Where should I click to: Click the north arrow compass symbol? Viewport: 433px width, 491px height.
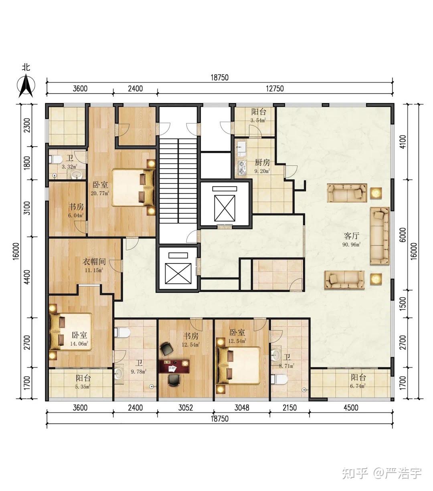26,86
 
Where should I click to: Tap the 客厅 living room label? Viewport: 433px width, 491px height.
352,236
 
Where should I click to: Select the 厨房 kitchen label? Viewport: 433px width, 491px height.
262,162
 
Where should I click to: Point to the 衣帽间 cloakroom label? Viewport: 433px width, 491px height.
94,262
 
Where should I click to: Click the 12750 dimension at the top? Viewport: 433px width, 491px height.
275,89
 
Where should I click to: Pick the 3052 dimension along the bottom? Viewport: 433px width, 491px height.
186,408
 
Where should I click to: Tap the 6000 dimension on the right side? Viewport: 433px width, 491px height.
403,235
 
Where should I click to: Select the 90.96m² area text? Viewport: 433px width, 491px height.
352,244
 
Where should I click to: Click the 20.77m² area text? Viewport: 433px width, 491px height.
100,193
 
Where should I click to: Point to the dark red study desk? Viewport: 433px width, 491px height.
174,366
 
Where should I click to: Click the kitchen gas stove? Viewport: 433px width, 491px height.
242,168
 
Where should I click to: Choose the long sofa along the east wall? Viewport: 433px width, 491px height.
380,236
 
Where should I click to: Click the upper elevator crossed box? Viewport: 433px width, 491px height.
225,208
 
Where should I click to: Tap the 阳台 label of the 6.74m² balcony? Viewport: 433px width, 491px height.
358,377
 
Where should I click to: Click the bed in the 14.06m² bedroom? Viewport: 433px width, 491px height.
70,332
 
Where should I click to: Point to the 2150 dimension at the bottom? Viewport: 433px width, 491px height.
289,408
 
